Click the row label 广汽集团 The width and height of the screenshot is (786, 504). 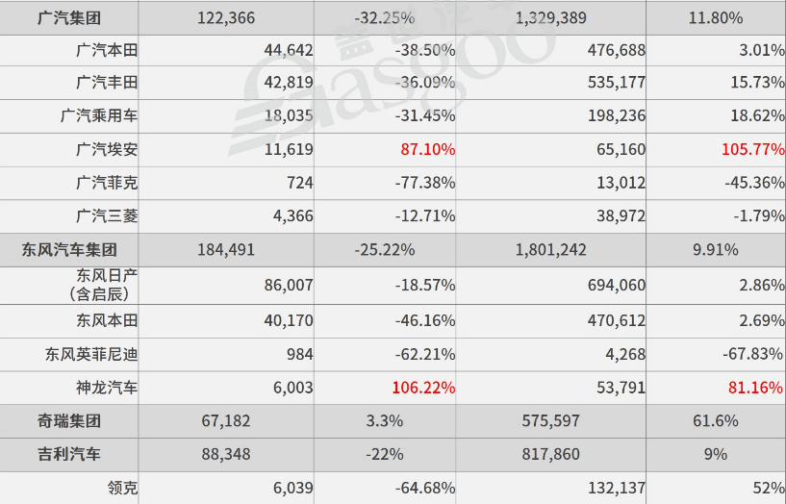[69, 18]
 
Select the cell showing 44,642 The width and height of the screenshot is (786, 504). [289, 50]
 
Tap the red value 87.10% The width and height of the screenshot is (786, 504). [427, 149]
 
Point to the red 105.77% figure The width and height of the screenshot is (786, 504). [753, 149]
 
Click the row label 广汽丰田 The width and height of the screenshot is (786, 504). [107, 82]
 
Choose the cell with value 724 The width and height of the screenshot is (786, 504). [300, 183]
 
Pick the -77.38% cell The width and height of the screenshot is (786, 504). [425, 183]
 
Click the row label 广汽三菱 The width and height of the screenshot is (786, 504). [107, 215]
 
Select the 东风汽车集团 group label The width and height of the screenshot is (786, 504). [69, 249]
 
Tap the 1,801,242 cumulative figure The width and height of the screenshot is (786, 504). [551, 249]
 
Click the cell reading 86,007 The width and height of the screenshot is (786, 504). [289, 285]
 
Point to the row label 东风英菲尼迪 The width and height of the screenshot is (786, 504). [91, 354]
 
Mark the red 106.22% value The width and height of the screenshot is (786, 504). [423, 388]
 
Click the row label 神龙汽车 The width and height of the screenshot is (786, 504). [107, 388]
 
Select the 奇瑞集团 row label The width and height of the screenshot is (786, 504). [69, 421]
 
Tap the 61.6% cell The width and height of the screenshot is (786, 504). [716, 421]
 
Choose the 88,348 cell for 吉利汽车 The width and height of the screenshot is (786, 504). [226, 454]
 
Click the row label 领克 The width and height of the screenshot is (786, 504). [122, 488]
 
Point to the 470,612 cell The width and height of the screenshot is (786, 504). [616, 320]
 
